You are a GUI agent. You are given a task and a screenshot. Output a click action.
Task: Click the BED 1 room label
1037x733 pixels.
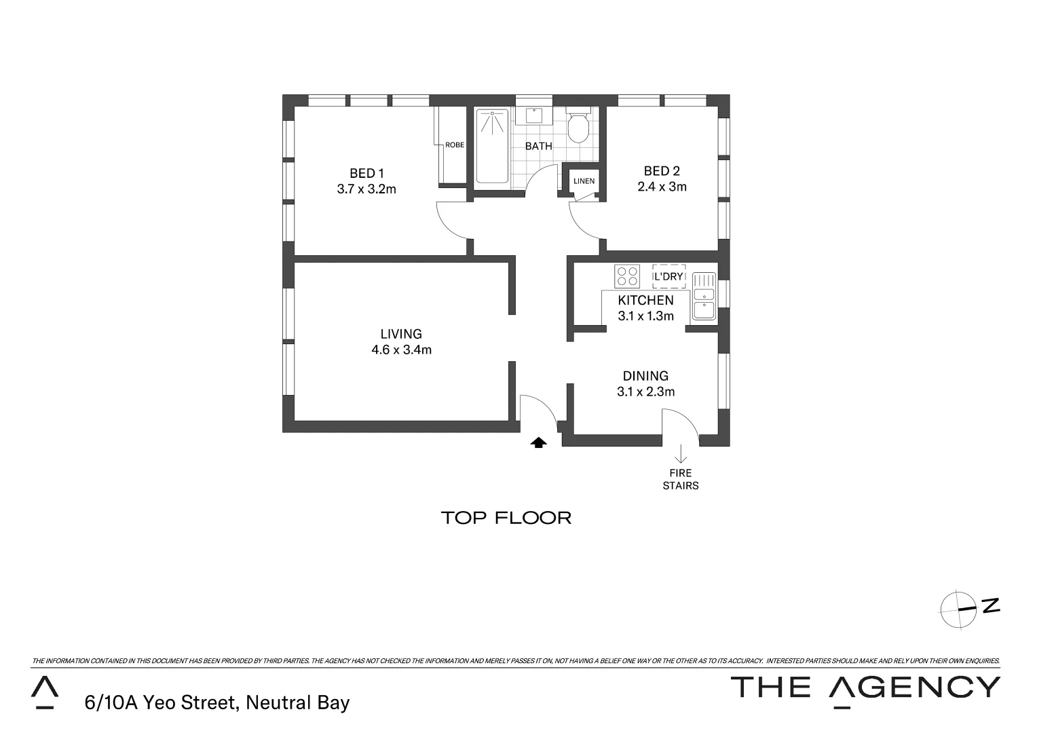tap(366, 173)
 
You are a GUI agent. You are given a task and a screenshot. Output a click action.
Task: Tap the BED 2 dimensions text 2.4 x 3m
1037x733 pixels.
tap(662, 187)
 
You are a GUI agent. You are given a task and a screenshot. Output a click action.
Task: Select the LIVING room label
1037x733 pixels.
tap(401, 334)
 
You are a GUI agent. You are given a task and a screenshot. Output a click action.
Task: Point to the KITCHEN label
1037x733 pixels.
tap(645, 300)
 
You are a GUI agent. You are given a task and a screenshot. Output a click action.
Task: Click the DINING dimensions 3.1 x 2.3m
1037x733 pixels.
tap(645, 392)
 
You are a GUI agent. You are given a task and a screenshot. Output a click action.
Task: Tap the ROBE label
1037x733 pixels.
tap(455, 145)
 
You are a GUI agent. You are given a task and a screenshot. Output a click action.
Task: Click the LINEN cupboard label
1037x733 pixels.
tap(584, 181)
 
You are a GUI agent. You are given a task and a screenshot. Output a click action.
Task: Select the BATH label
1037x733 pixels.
tap(538, 146)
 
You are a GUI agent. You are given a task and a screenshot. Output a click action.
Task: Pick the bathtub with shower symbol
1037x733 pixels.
tap(492, 146)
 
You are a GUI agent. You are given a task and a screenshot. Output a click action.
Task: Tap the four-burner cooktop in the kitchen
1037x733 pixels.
tap(626, 276)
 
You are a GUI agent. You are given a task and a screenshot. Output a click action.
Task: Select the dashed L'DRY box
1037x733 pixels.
tap(668, 277)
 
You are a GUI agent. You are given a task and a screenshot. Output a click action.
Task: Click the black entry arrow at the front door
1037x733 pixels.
tap(538, 443)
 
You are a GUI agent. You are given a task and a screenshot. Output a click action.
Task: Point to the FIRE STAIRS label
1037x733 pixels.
tap(681, 479)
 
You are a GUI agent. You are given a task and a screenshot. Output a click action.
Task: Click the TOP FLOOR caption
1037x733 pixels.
tap(506, 518)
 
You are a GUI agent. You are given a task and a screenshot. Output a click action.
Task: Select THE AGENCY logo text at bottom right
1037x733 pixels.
tap(865, 688)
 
